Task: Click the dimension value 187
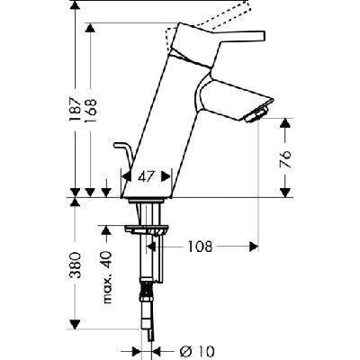75,109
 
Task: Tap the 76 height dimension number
286,159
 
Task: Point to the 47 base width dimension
146,177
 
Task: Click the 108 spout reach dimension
200,247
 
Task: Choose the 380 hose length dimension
75,265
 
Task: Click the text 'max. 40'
106,277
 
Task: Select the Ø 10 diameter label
197,351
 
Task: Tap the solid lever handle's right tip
265,35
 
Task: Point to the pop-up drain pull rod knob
118,146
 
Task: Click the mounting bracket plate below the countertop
147,230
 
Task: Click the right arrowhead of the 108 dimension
254,247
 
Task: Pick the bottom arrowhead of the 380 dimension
75,324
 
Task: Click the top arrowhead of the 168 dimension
90,28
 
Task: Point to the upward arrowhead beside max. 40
105,230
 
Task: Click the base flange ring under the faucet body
147,201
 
